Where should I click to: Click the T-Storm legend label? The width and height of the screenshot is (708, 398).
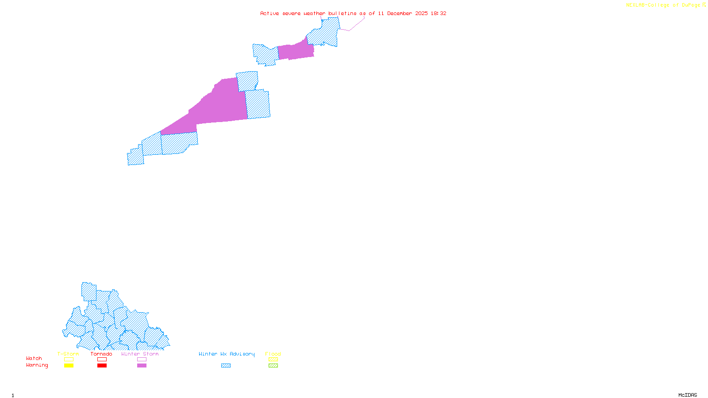tap(68, 354)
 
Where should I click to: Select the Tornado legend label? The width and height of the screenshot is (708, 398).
tap(101, 354)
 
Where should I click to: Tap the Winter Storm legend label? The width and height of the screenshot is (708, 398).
tap(140, 354)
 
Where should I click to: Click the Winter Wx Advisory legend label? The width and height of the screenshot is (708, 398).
tap(227, 354)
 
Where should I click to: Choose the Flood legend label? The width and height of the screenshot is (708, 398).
tap(273, 354)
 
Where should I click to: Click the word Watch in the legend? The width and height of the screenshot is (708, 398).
tap(34, 359)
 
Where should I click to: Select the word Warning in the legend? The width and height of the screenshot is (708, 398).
tap(37, 365)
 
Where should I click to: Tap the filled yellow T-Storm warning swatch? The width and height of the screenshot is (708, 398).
tap(69, 366)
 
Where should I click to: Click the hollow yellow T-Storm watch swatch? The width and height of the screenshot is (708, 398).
tap(69, 360)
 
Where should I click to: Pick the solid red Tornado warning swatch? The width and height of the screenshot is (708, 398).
tap(102, 366)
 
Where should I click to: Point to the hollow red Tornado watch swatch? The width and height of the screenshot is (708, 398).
tap(102, 360)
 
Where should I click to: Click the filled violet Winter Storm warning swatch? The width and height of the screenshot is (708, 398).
tap(142, 366)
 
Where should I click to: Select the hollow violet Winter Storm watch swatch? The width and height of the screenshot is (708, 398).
tap(142, 360)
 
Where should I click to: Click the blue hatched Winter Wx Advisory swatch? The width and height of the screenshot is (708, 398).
tap(226, 366)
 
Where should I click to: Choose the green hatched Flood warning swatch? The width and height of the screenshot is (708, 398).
tap(273, 366)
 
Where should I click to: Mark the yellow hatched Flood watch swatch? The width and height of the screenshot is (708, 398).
tap(273, 360)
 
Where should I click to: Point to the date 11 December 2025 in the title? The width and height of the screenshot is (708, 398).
tap(403, 13)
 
